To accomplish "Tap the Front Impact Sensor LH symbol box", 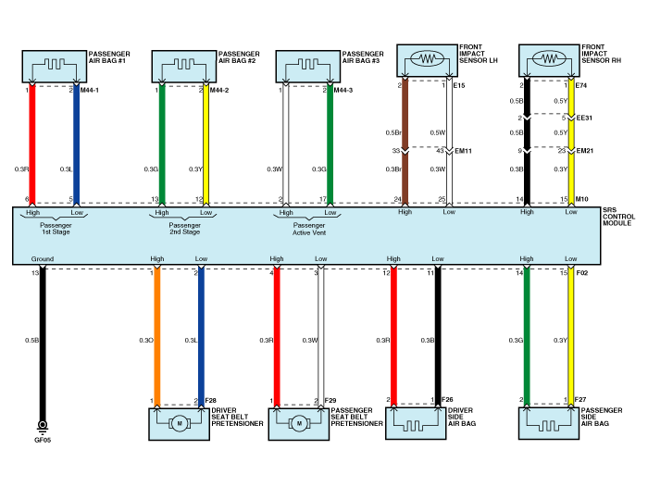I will (428, 60).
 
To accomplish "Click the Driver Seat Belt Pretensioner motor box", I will (178, 422).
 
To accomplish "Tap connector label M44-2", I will (219, 90).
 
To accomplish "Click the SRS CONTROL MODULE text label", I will (617, 219).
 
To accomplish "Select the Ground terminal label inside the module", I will (43, 258).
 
